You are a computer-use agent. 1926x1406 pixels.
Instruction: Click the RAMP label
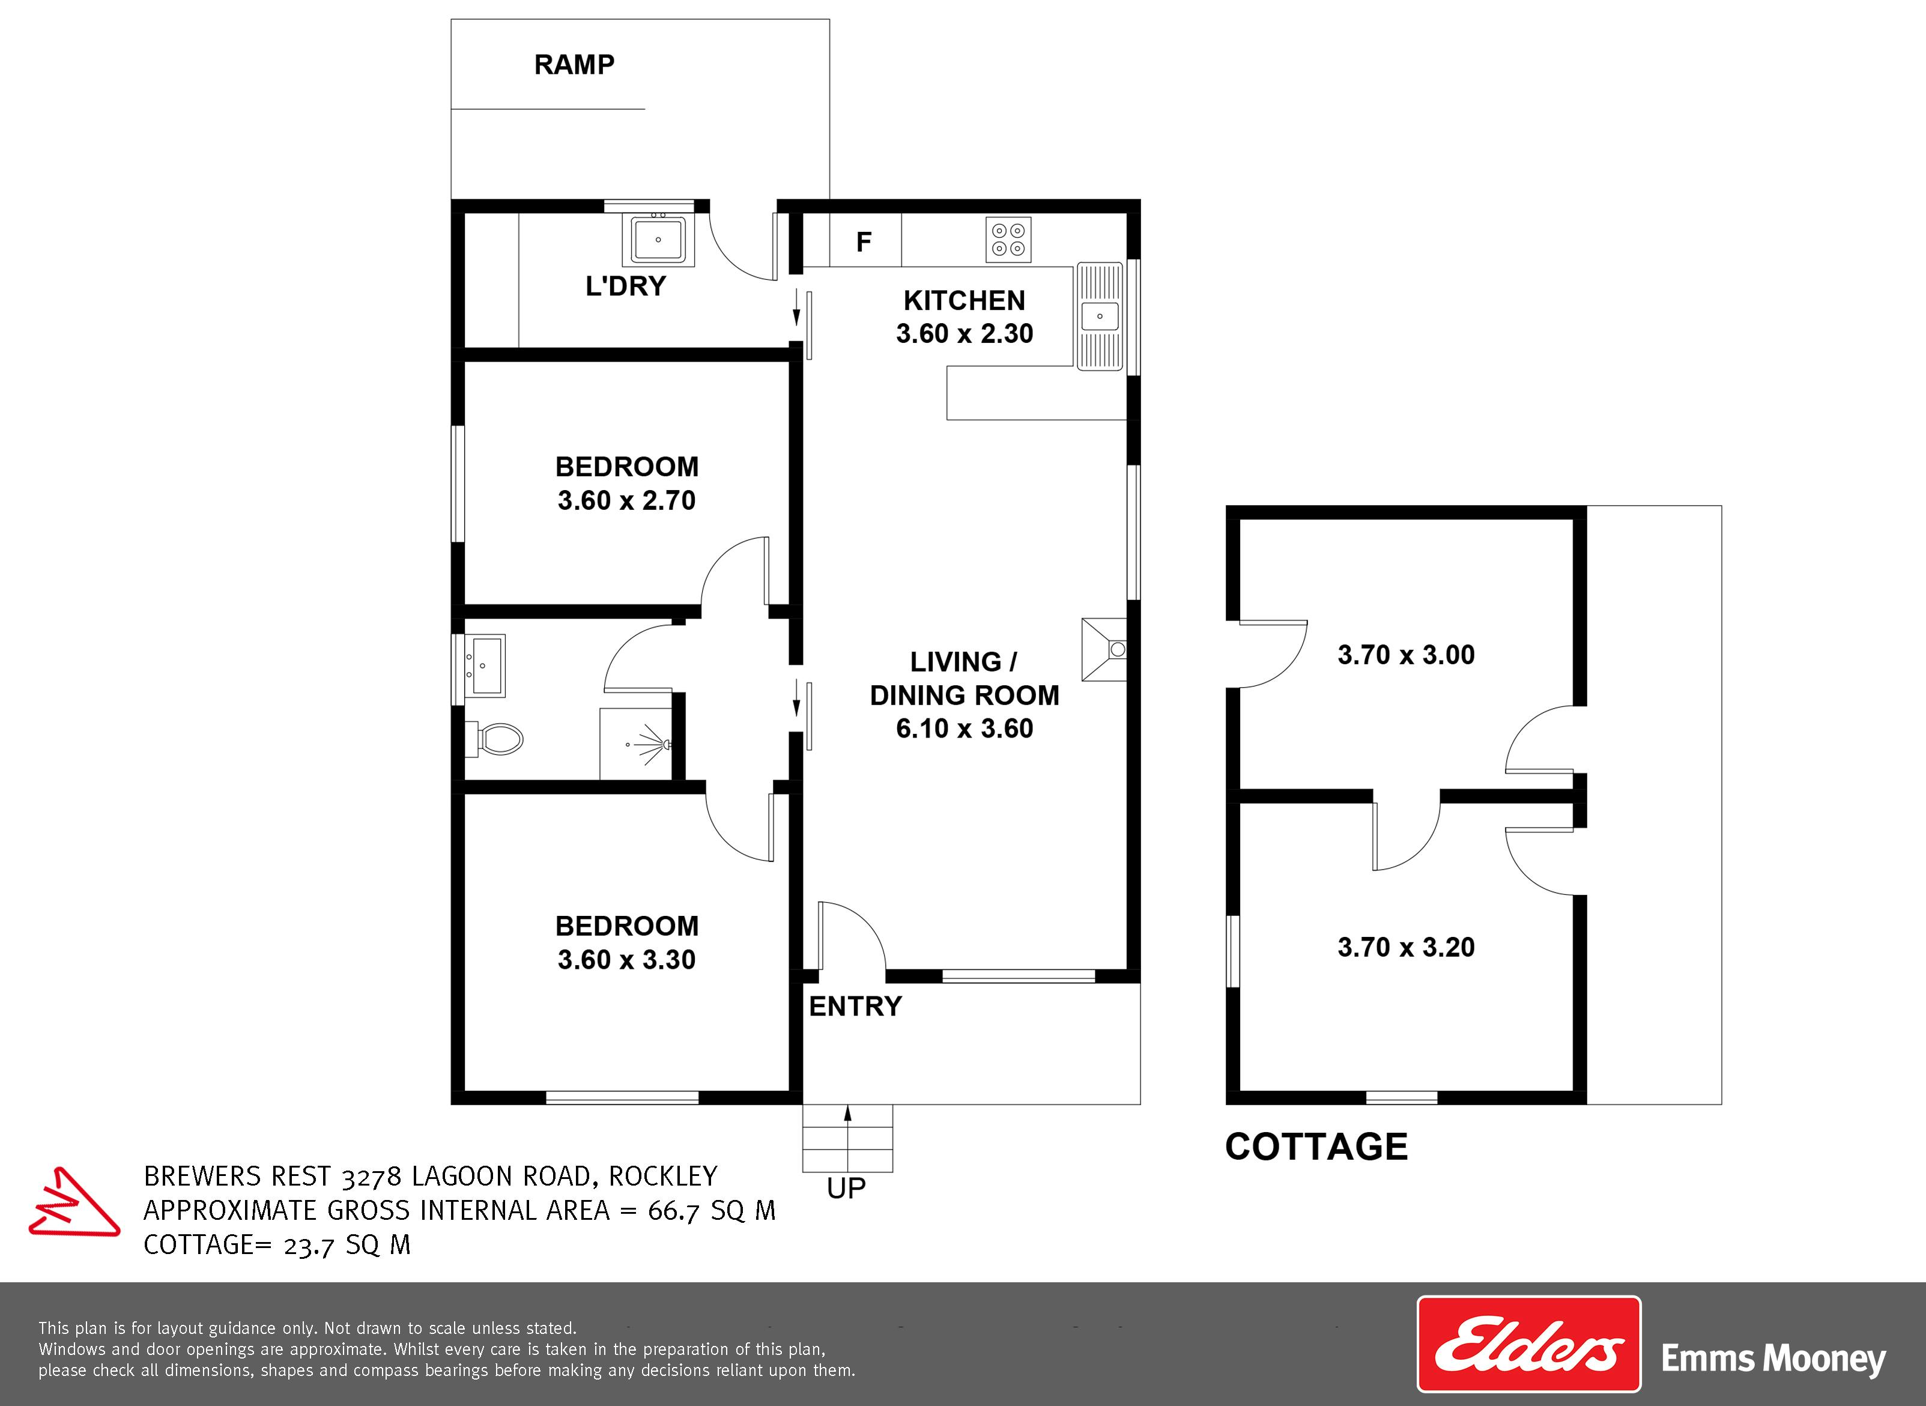tap(575, 65)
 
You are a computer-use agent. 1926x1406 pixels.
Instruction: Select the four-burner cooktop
tap(1008, 239)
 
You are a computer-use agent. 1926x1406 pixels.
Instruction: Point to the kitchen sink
tap(1100, 316)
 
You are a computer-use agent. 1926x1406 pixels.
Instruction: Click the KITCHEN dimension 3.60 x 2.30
tap(965, 333)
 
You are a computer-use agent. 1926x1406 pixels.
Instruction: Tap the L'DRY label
tap(626, 286)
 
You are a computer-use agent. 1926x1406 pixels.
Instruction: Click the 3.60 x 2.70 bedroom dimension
tap(626, 500)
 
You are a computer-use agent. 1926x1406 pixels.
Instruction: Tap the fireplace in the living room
tap(1104, 649)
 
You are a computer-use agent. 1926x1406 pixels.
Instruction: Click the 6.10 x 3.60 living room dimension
tap(965, 729)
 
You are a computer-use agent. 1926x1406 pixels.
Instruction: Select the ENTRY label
tap(855, 1006)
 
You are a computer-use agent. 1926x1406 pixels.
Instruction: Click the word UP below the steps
tap(847, 1188)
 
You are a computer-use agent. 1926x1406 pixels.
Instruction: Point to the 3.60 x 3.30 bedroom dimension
tap(626, 959)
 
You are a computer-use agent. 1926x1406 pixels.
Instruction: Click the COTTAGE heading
tap(1316, 1147)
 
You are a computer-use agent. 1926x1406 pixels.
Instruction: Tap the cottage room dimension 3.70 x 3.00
tap(1406, 655)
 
